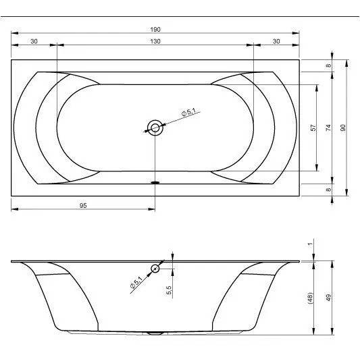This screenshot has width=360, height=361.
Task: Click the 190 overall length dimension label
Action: pos(155,30)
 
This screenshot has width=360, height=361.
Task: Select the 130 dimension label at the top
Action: pos(155,41)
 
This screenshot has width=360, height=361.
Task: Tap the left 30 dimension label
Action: pos(34,41)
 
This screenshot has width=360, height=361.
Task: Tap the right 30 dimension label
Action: pos(276,41)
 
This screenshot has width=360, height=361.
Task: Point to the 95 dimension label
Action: pos(83,205)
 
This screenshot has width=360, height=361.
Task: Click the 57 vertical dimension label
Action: pos(313,128)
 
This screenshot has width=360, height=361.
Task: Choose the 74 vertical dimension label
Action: pos(328,128)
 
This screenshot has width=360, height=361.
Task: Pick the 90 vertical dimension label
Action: pos(343,128)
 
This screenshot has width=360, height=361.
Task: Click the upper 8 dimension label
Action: pos(328,65)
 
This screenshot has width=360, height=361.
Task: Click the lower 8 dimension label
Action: pos(328,190)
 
